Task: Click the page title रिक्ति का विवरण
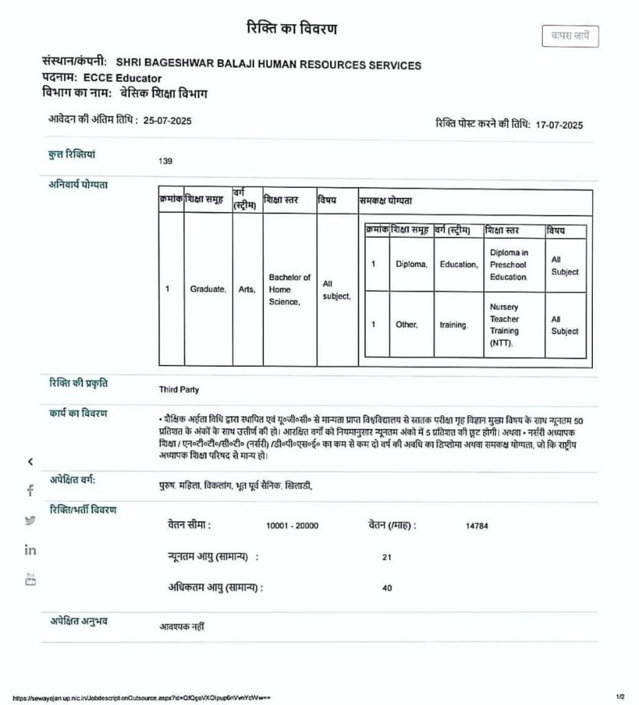(292, 30)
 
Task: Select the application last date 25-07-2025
(168, 120)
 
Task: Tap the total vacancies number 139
(165, 161)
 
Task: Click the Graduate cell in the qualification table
(208, 290)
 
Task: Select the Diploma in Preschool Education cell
(510, 264)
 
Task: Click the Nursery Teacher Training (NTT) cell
(507, 324)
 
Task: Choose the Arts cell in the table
(247, 290)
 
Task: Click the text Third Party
(179, 390)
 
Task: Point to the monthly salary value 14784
(477, 525)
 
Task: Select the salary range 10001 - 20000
(292, 525)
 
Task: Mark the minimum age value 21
(387, 557)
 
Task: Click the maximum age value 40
(387, 589)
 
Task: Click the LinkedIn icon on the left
(30, 549)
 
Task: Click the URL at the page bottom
(141, 697)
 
